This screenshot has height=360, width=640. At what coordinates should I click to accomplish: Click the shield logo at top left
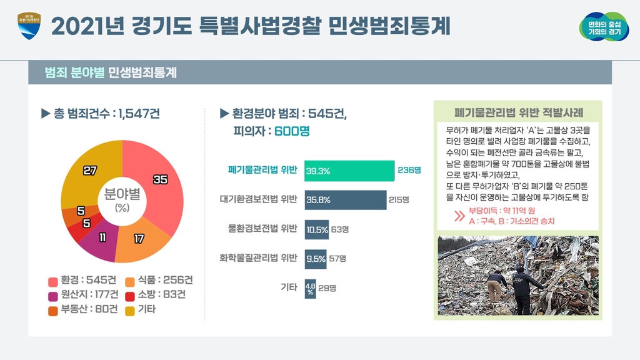pos(29,26)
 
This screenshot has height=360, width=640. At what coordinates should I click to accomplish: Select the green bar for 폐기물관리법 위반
pos(349,171)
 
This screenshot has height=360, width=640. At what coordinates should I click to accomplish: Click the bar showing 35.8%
pos(345,200)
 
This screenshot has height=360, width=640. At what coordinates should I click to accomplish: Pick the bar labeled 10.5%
pos(317,229)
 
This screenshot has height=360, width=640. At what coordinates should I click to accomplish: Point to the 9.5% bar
pos(316,258)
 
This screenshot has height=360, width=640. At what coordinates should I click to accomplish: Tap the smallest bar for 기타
pos(310,288)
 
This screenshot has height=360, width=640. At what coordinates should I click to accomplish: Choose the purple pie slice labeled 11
pos(101,241)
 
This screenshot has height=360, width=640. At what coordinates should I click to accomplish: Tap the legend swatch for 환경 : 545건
pos(52,280)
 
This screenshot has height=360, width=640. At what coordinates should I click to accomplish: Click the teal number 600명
pos(292,132)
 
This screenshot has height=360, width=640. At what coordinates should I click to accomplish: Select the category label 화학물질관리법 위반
pos(258,258)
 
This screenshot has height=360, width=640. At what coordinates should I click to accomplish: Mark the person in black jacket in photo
pos(521,288)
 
